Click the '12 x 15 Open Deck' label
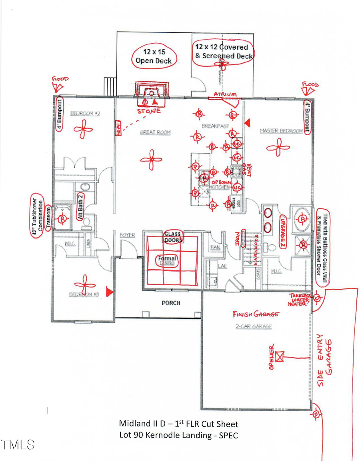coord(154,56)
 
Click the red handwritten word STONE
coord(149,111)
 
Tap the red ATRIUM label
coord(224,94)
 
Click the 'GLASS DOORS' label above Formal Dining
coord(173,237)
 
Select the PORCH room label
coord(171,303)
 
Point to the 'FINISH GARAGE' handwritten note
coord(256,314)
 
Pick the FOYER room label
coord(127,235)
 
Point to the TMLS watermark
coord(18,444)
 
